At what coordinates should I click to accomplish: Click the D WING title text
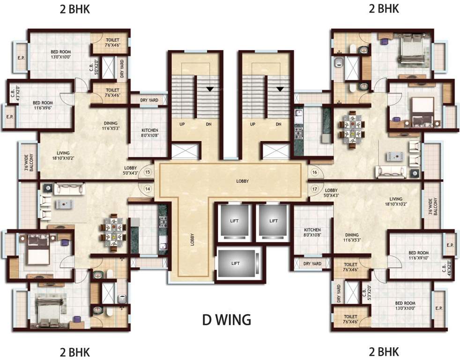[x=227, y=320]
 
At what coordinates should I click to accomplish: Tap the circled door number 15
[x=148, y=172]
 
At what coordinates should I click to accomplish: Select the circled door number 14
[x=148, y=189]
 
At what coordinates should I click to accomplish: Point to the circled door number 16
[x=314, y=172]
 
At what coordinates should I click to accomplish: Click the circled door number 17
[x=314, y=189]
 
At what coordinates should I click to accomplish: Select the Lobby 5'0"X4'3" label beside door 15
[x=131, y=170]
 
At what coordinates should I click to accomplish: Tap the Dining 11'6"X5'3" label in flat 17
[x=351, y=238]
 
